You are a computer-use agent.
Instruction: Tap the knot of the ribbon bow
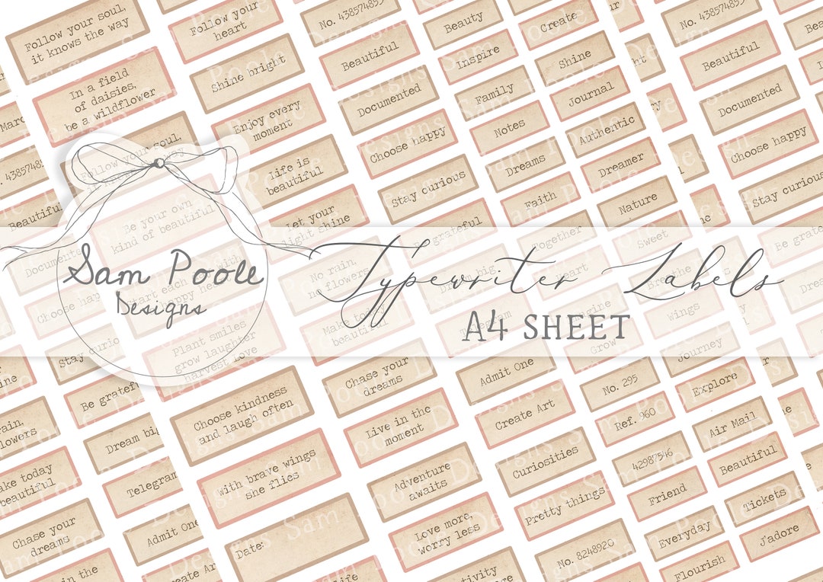coord(159,162)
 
